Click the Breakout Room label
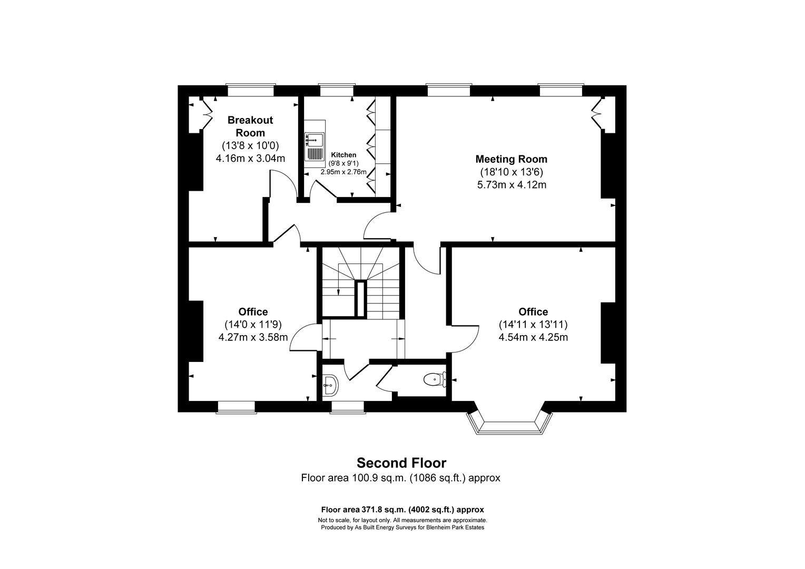pyautogui.click(x=250, y=126)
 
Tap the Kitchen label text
pyautogui.click(x=343, y=155)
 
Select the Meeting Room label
pyautogui.click(x=511, y=159)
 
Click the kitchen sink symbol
pyautogui.click(x=315, y=146)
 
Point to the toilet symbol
pyautogui.click(x=434, y=378)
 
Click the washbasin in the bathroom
pyautogui.click(x=330, y=385)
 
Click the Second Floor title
pyautogui.click(x=401, y=463)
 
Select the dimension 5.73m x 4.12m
pyautogui.click(x=511, y=184)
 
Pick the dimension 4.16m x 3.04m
pyautogui.click(x=250, y=158)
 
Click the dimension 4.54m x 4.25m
pyautogui.click(x=533, y=337)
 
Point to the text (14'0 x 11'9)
pyautogui.click(x=253, y=325)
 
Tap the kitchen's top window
pyautogui.click(x=337, y=90)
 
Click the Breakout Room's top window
pyautogui.click(x=250, y=90)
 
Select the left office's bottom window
pyautogui.click(x=236, y=407)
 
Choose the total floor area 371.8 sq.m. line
pyautogui.click(x=402, y=509)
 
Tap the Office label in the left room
pyautogui.click(x=253, y=312)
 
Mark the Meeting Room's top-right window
pyautogui.click(x=561, y=90)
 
